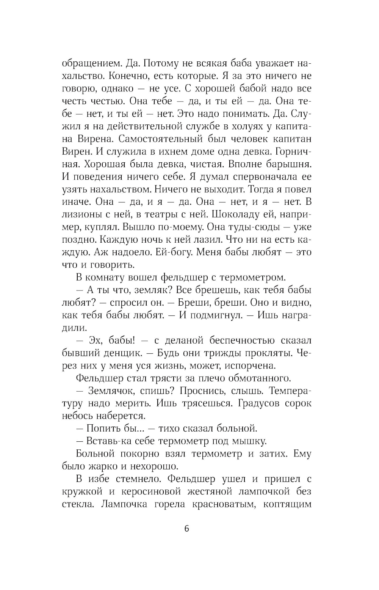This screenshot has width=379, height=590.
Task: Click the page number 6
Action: tap(186, 529)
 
